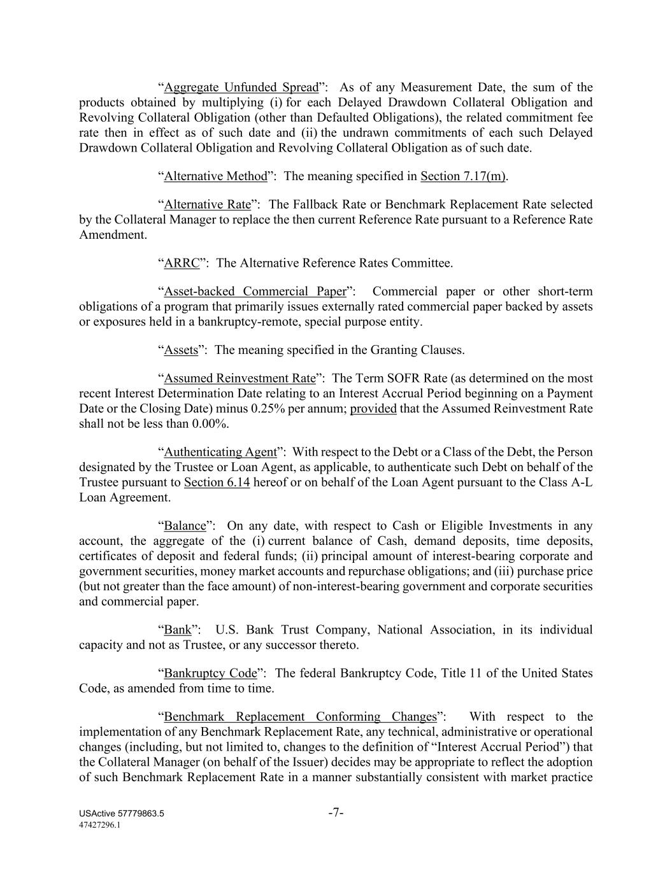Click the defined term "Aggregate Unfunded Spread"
click(x=241, y=87)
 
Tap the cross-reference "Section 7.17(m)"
click(x=463, y=176)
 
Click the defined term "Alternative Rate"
click(x=208, y=204)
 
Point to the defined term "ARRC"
click(x=182, y=263)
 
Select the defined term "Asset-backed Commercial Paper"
click(x=255, y=292)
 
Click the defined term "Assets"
click(x=181, y=350)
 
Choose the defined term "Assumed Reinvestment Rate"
click(x=239, y=378)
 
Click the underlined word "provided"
click(x=373, y=409)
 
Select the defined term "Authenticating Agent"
click(x=220, y=452)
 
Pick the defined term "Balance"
click(x=185, y=526)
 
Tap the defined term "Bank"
click(x=178, y=630)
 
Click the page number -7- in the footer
click(x=336, y=812)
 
